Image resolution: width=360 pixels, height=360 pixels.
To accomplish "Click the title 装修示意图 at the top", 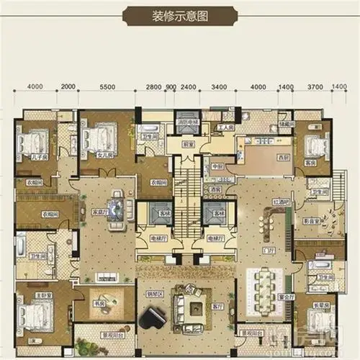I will pos(180,16).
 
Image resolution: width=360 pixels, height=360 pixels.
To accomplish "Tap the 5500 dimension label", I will pos(107,87).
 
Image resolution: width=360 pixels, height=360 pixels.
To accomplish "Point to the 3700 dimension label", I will pos(315,87).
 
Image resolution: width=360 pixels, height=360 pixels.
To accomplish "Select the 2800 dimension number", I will pos(153,87).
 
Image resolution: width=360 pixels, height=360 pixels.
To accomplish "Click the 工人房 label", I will pos(223,127).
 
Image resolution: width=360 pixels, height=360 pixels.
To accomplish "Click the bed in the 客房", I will pos(313,145).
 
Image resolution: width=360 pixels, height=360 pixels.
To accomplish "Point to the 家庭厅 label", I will pos(99,213).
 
